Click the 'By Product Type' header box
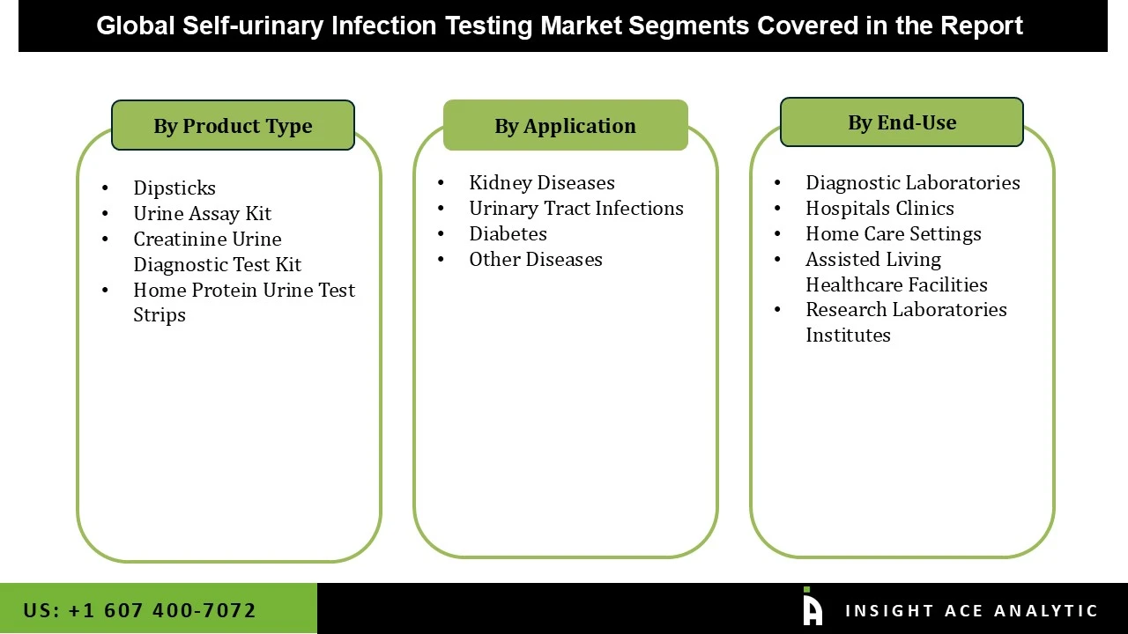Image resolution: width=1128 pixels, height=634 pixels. (233, 125)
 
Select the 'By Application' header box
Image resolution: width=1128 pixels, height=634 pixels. (565, 125)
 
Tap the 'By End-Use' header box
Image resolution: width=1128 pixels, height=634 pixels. (902, 122)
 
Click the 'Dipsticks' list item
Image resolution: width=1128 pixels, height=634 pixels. (174, 188)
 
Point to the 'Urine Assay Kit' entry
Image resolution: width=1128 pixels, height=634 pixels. (202, 213)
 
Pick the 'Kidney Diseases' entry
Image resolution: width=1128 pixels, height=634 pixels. (542, 182)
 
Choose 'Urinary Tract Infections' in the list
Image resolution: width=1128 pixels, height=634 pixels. (576, 208)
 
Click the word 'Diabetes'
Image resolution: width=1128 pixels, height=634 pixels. (508, 233)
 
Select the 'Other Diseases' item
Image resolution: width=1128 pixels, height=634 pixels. (536, 259)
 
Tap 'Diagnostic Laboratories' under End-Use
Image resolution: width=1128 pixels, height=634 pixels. (913, 182)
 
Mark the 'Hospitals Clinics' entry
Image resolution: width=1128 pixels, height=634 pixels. (879, 208)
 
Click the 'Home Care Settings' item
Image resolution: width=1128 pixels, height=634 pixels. (894, 233)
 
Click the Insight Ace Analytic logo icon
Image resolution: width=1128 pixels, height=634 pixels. (812, 608)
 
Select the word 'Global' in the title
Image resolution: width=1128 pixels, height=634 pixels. (136, 26)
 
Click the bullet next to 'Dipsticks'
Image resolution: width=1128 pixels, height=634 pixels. (106, 188)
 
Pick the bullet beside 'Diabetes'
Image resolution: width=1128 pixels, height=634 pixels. (441, 233)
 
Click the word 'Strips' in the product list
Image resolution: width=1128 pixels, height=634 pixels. (160, 314)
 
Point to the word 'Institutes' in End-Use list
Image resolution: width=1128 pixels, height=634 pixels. (848, 335)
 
